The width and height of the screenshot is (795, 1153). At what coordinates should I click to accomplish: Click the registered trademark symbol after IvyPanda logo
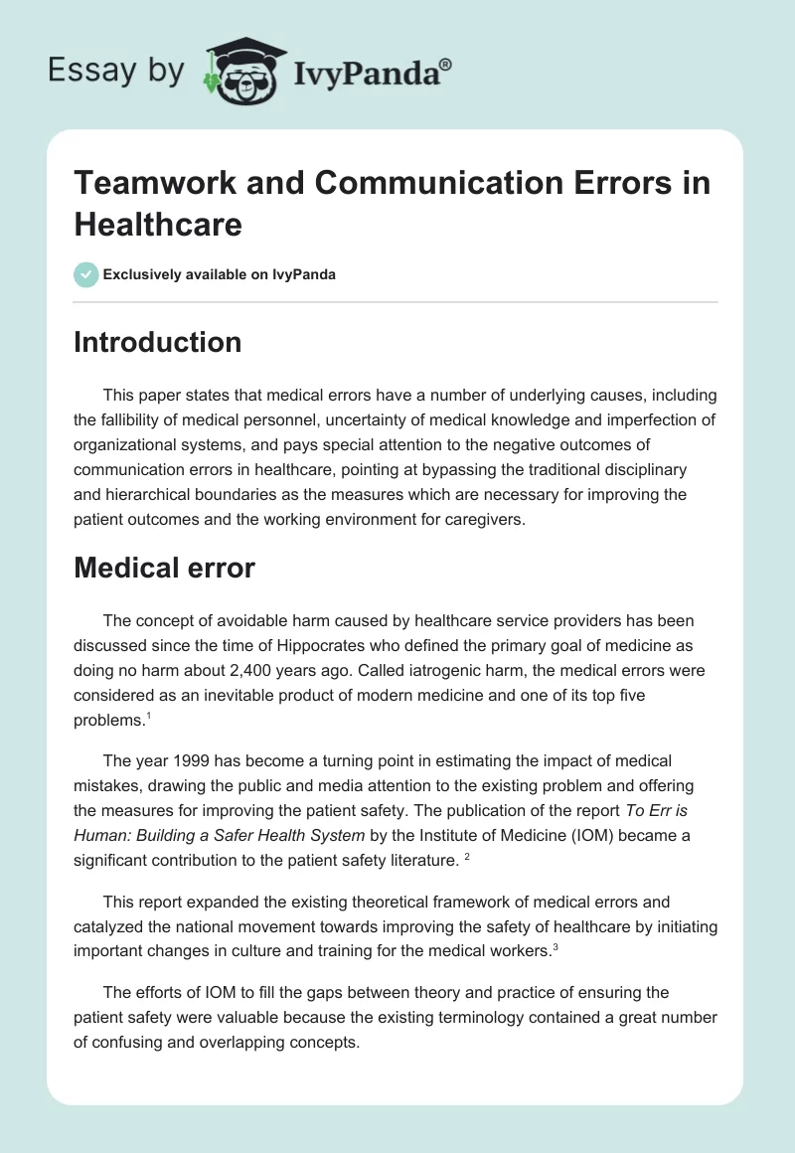point(446,66)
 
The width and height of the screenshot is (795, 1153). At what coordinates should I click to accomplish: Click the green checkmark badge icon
point(86,274)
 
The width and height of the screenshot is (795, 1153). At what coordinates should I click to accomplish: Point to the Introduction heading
point(158,343)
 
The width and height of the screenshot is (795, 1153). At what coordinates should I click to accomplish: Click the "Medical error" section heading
point(165,568)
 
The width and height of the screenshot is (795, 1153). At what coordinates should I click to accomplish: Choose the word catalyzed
point(108,927)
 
